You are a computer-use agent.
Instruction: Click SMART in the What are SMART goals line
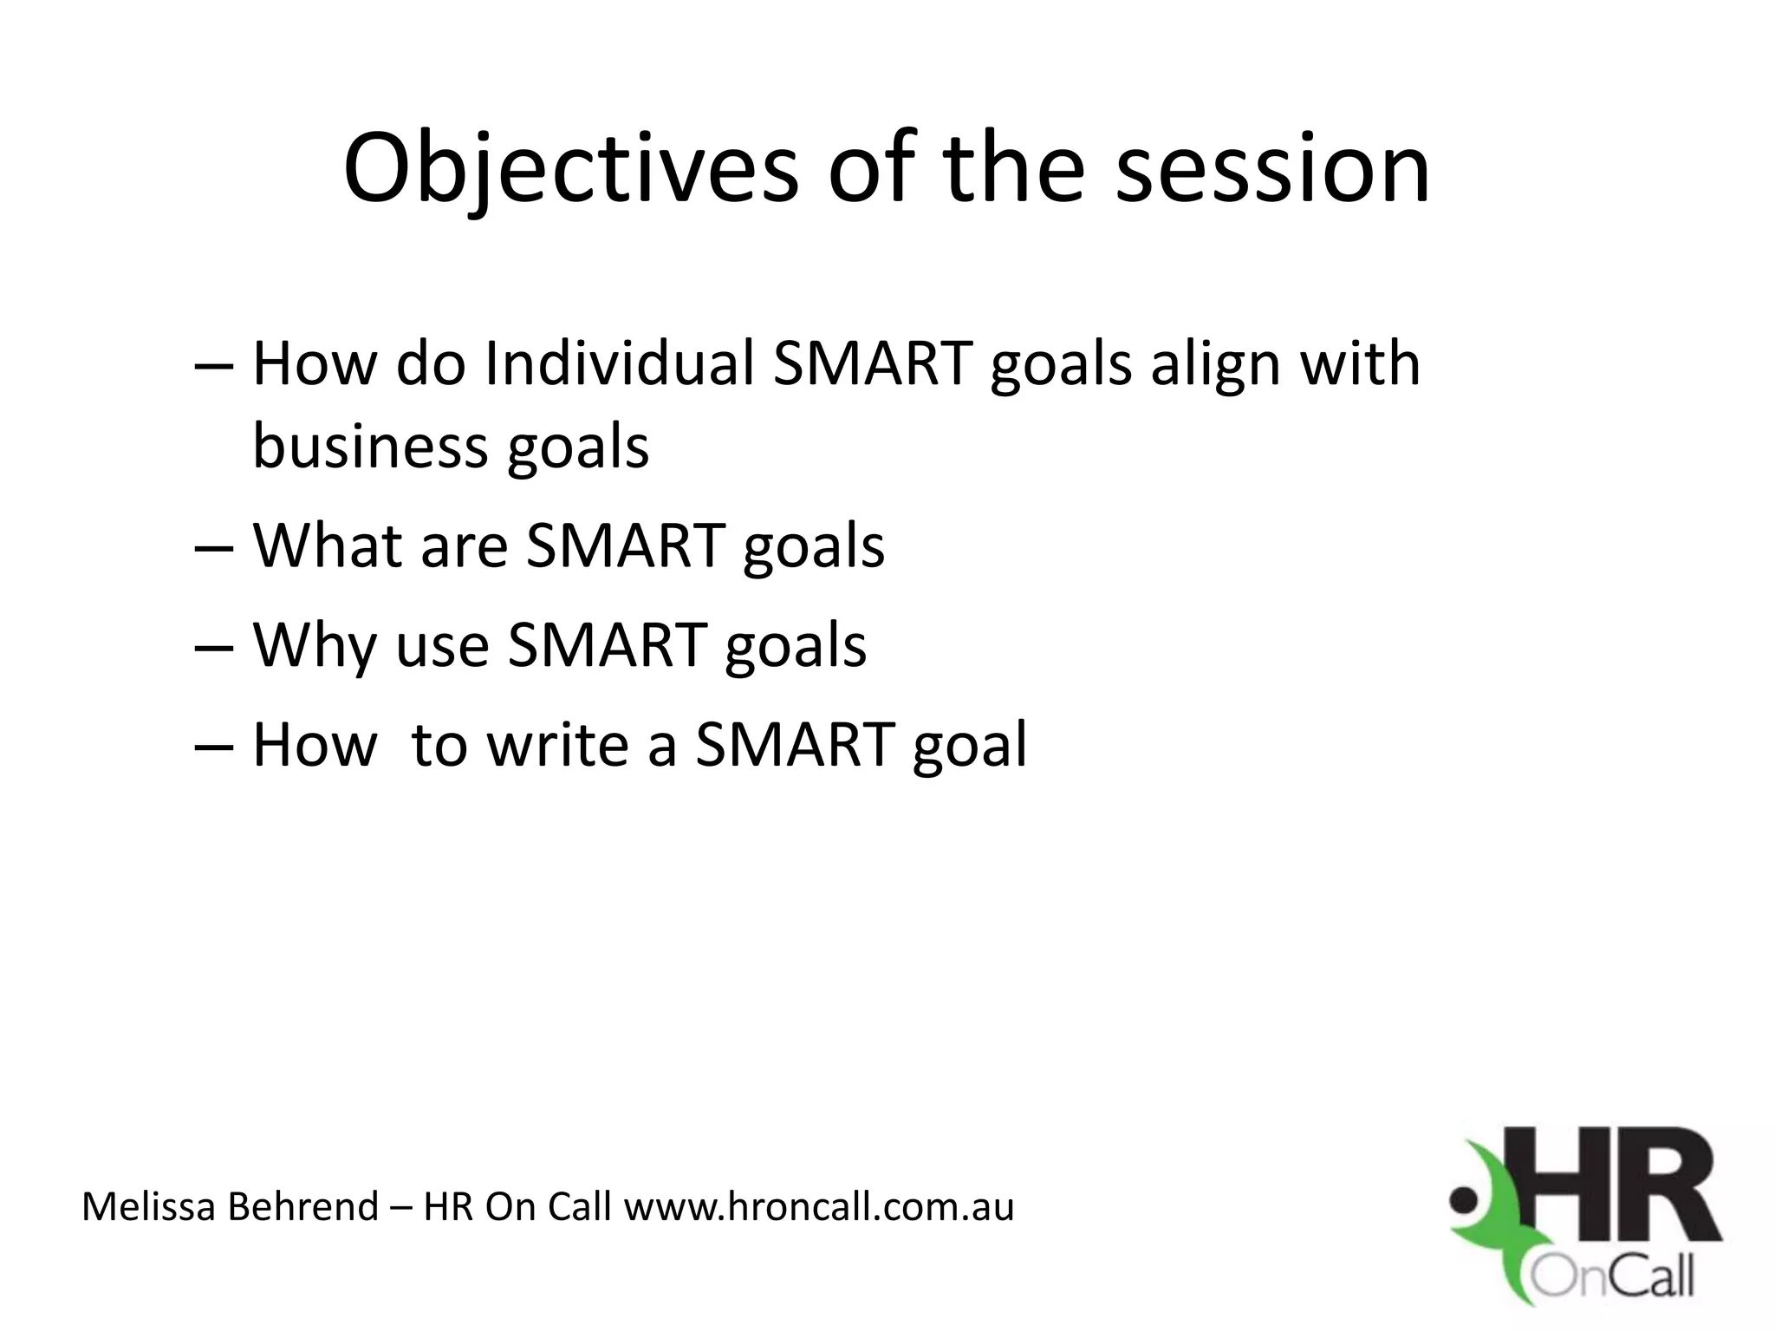point(625,545)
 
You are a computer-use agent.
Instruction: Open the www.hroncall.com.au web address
point(818,1206)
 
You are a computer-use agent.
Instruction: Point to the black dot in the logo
point(1464,1202)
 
